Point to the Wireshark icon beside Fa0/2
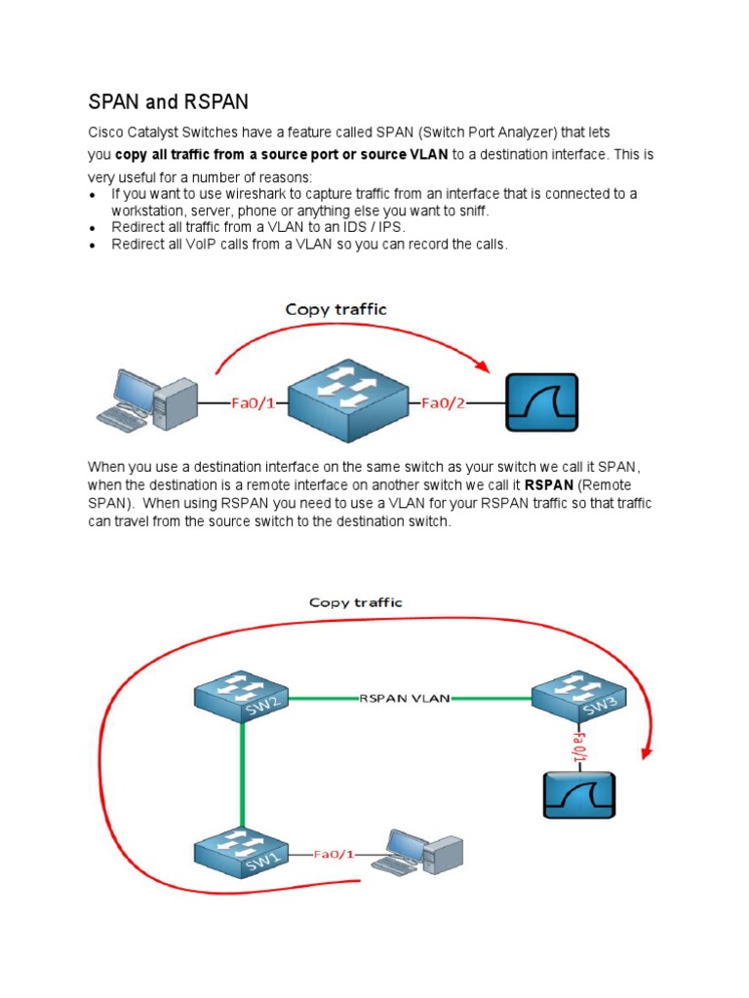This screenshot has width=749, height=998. pyautogui.click(x=540, y=402)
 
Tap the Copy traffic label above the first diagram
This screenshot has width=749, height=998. pyautogui.click(x=335, y=309)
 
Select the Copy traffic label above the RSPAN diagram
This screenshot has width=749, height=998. pyautogui.click(x=355, y=602)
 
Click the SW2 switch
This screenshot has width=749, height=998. pyautogui.click(x=241, y=697)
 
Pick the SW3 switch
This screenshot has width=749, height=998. pyautogui.click(x=578, y=696)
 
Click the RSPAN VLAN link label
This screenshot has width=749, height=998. pyautogui.click(x=405, y=698)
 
